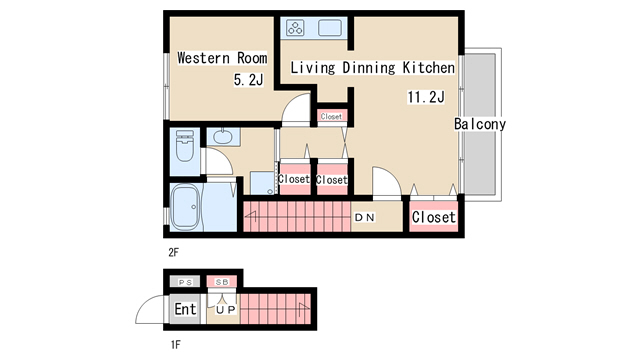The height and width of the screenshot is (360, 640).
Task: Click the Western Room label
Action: coord(222,58)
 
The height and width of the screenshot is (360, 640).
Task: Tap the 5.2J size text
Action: coord(248,79)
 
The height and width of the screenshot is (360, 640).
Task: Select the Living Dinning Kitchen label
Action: coord(372,67)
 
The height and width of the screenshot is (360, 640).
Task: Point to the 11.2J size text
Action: coord(426,97)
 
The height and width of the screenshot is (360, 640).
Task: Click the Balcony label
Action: coord(480,124)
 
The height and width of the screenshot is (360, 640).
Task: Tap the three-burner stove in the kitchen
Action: coord(295,28)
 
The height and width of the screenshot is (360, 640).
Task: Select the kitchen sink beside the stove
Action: coord(330,28)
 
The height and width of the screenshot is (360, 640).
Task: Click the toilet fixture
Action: coord(185,146)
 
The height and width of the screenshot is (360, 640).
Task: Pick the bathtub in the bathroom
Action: coord(185,207)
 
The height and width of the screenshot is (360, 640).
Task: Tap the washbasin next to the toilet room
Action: coord(222,136)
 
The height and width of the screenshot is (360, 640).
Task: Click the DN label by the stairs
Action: coord(364,218)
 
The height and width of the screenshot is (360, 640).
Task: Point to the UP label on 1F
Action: coord(226,310)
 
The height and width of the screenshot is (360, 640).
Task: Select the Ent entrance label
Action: coord(185,309)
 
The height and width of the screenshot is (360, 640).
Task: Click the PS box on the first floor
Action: coord(185,282)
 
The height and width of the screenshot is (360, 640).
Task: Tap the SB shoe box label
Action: coord(222,282)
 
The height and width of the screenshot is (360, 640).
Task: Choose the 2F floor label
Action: coord(173,253)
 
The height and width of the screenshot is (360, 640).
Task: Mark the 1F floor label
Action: coord(175,345)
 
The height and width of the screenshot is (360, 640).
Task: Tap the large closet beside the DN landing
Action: coord(433,217)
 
